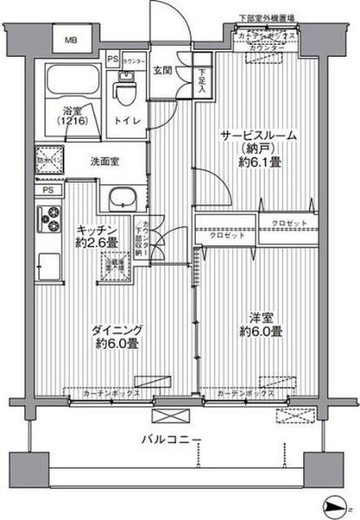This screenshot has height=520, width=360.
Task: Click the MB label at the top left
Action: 72,38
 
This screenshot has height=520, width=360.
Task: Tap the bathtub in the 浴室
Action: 70,82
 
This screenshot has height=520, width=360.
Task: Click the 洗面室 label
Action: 105,162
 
